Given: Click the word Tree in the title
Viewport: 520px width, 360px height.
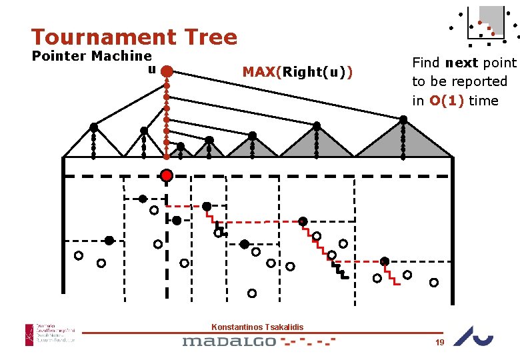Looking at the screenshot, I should coord(211,37).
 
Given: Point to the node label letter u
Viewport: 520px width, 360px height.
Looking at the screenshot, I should coord(152,69).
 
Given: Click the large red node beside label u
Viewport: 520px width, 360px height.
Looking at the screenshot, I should coord(167,71).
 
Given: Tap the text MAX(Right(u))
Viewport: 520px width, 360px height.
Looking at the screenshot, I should coord(298,71).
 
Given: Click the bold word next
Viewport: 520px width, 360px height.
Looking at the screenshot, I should coord(467,63).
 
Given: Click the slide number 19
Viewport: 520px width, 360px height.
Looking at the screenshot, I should coord(439,342).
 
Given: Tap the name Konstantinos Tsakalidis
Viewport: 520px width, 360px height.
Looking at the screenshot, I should coord(257,327).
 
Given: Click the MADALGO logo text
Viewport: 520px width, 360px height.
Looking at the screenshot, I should coord(229,341).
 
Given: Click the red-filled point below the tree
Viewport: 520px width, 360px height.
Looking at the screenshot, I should coord(167,175).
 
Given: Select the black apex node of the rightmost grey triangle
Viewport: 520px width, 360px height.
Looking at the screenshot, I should coord(403,120).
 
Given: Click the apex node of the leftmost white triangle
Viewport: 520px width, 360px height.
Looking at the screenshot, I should coord(94,126).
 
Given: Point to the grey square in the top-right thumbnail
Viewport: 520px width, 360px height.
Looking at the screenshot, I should coord(492,16).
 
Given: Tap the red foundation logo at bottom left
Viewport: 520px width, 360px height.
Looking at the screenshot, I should coord(30,335).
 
